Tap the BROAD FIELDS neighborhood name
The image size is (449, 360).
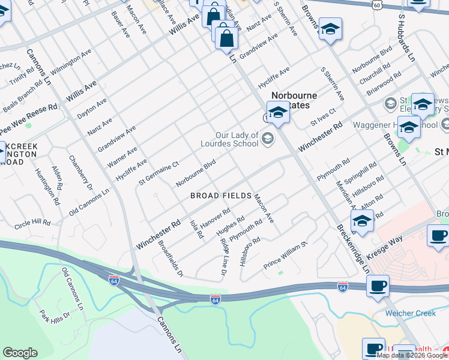point(220,196)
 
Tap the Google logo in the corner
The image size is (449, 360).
point(20,353)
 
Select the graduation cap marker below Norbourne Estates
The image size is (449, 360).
point(278,112)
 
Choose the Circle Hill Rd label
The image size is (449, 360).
point(33,223)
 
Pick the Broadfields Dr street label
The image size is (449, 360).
point(170,259)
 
